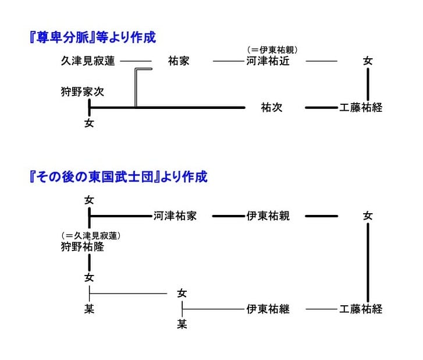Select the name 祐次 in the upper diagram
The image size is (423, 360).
(272, 108)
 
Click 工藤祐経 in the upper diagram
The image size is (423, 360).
(361, 108)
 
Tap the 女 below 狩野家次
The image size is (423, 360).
(89, 123)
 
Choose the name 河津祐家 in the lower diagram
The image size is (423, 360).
(175, 216)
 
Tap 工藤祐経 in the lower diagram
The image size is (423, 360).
(361, 309)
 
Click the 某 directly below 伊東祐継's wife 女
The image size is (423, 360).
(182, 324)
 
